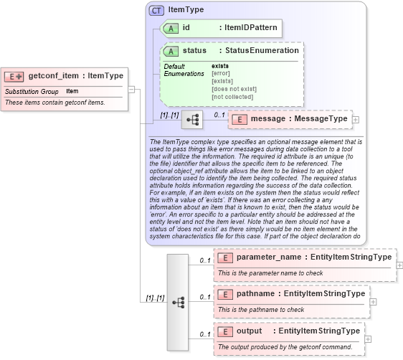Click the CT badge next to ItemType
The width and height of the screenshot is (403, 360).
tap(156, 10)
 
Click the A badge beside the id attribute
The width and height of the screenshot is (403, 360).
tap(171, 28)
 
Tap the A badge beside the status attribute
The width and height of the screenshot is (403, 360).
tap(171, 51)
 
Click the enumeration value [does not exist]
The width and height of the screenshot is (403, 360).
tap(234, 89)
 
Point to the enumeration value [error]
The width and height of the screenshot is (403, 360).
tap(221, 73)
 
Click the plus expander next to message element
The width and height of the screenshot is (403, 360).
tap(356, 120)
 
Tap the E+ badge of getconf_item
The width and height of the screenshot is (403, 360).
tap(14, 76)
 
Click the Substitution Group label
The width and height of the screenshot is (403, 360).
tap(32, 92)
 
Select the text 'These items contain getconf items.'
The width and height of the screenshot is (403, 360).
tap(55, 103)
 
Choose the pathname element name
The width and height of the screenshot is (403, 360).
tap(257, 294)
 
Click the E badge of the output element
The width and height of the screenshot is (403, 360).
tap(225, 331)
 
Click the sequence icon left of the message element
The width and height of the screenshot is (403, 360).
tap(192, 120)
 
